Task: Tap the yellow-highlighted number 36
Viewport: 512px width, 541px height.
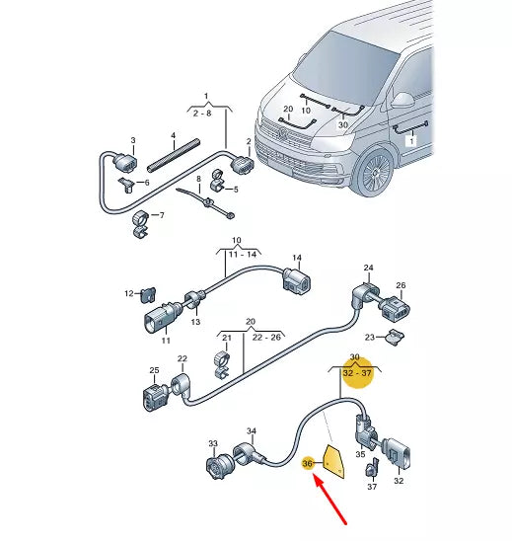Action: point(307,463)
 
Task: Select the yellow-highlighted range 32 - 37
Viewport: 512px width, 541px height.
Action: point(355,375)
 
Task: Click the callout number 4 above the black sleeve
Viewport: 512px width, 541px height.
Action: point(174,134)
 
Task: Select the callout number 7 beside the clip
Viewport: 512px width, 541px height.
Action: point(162,216)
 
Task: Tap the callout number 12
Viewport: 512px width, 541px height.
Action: point(128,293)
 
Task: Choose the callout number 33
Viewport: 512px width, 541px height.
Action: point(213,445)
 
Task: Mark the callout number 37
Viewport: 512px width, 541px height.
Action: point(372,487)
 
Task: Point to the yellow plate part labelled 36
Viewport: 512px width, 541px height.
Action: point(333,460)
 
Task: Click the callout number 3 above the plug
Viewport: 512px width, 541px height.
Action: point(133,142)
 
